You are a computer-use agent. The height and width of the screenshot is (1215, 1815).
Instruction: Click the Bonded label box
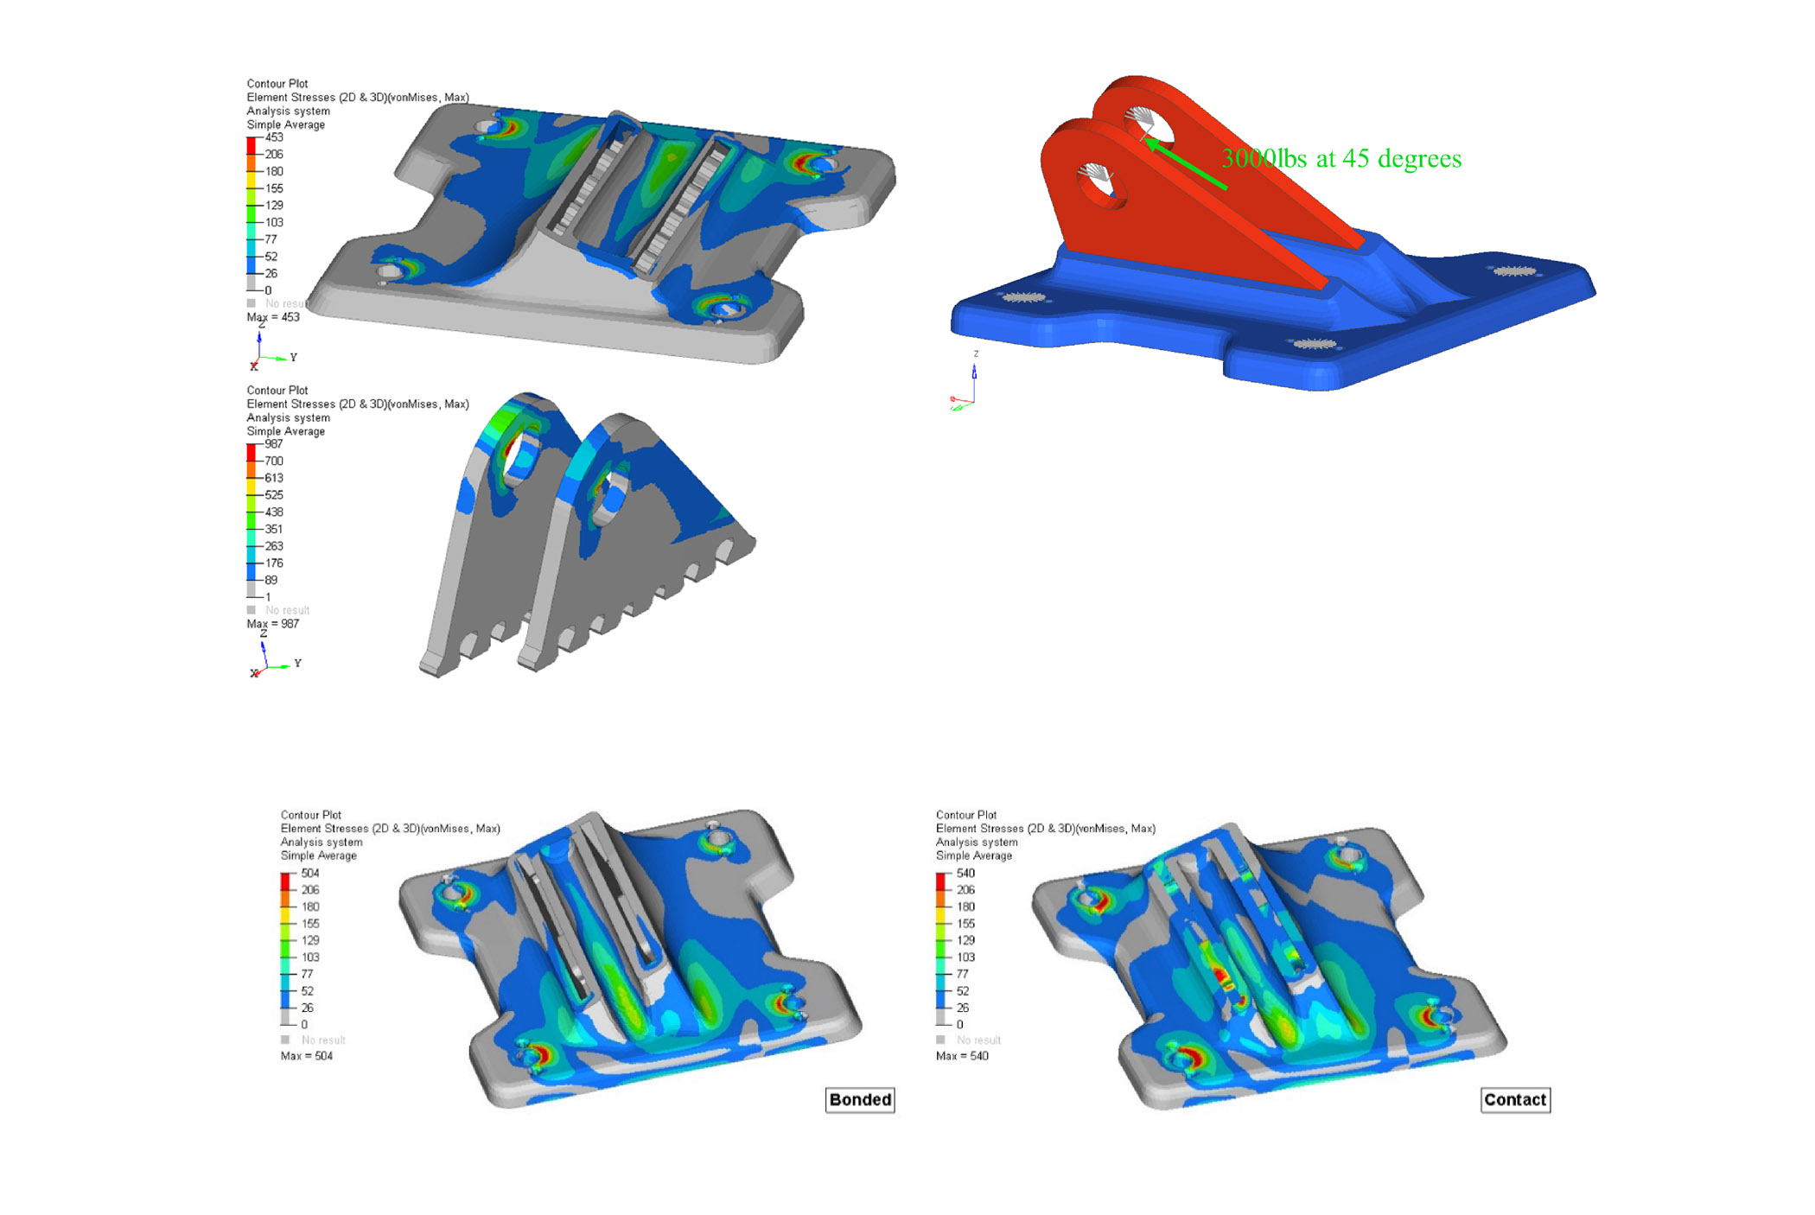click(x=859, y=1099)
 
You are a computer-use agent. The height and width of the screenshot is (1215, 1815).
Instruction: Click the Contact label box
click(x=1514, y=1099)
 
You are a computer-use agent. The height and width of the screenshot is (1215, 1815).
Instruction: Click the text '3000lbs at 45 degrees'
click(x=1341, y=159)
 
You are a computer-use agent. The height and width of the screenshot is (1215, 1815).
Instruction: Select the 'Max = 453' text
click(x=273, y=317)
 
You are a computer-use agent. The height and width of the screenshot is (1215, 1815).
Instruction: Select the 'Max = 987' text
click(x=273, y=624)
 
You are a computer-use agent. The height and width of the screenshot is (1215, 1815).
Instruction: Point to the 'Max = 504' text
click(x=306, y=1056)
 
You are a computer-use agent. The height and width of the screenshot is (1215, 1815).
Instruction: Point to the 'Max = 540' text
click(x=961, y=1056)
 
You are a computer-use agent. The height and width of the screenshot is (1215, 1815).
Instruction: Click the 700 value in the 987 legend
click(x=274, y=461)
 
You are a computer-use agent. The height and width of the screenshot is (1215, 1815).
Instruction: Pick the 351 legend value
click(x=274, y=529)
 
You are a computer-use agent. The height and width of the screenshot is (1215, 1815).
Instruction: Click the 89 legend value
click(x=271, y=580)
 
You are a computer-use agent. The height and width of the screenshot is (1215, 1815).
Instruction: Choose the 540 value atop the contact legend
click(x=965, y=873)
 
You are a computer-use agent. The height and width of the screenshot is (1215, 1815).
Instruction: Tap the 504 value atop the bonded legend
click(x=310, y=873)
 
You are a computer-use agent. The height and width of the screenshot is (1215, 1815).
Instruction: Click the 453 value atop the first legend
click(x=274, y=137)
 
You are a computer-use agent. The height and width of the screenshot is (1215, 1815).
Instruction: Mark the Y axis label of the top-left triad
click(x=294, y=357)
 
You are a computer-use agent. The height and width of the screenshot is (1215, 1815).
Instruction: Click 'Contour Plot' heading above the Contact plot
click(x=965, y=815)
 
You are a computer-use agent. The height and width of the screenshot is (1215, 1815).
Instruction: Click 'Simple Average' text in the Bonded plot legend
click(x=318, y=856)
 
